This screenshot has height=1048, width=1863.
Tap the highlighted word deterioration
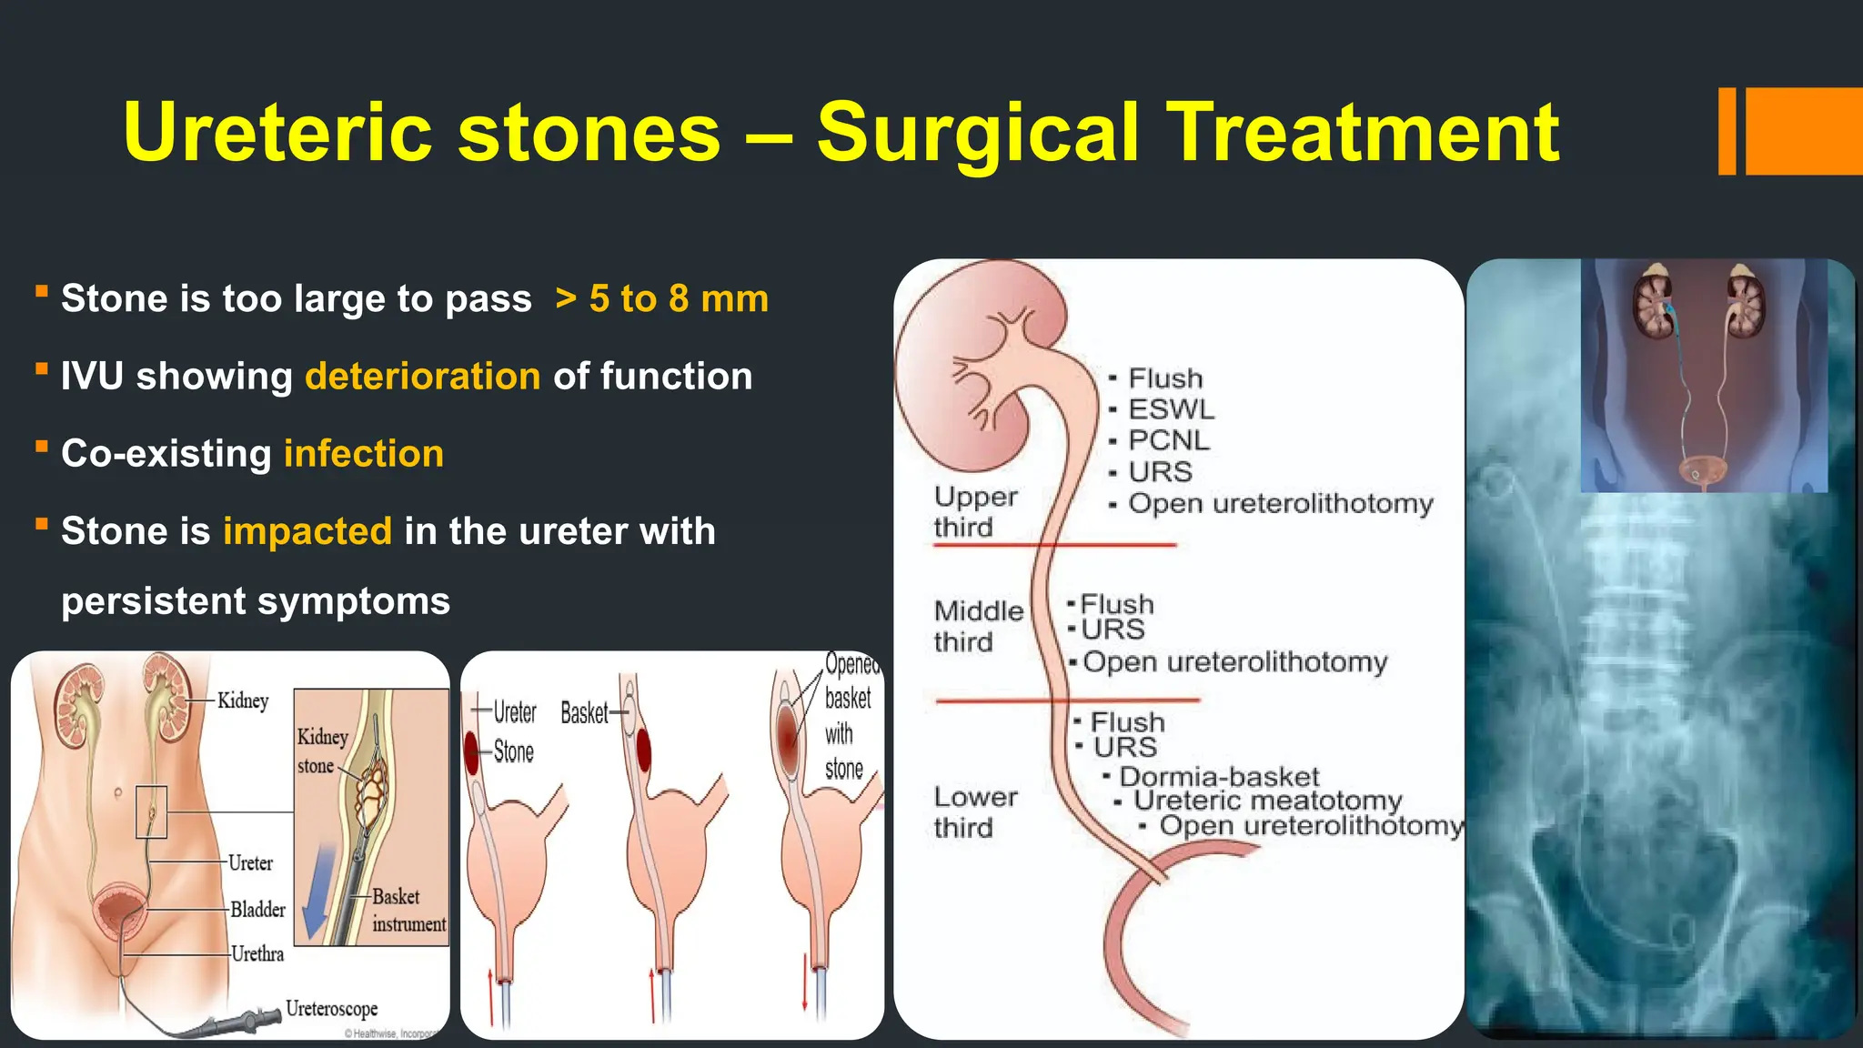click(423, 377)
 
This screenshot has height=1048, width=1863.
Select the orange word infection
click(364, 454)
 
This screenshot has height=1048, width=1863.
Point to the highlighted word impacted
click(307, 531)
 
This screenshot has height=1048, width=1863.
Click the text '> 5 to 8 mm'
click(662, 299)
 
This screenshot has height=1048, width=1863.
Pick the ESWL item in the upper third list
click(1171, 409)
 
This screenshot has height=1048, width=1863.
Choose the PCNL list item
click(1169, 440)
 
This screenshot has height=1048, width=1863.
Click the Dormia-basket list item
click(1218, 776)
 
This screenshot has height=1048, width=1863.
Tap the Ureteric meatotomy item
click(1267, 801)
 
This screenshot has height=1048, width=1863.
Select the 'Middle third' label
click(978, 626)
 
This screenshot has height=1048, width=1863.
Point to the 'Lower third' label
click(975, 811)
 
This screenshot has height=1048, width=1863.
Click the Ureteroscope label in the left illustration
click(331, 1008)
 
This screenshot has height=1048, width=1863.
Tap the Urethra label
click(257, 953)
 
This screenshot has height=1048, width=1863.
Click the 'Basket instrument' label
click(408, 910)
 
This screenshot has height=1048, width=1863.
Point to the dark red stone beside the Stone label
click(471, 751)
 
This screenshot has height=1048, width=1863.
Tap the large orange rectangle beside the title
click(1804, 131)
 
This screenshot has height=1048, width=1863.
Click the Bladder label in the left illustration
click(257, 909)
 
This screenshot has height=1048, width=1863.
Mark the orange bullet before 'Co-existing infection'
click(42, 447)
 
